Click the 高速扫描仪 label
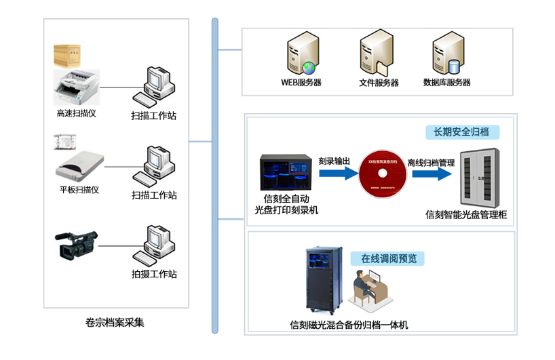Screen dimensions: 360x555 point(76,113)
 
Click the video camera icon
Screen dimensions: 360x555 point(76,245)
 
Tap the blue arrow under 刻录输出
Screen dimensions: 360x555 point(338,174)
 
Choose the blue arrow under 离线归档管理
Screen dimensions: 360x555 point(432,174)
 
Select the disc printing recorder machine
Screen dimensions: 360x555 point(286,174)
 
